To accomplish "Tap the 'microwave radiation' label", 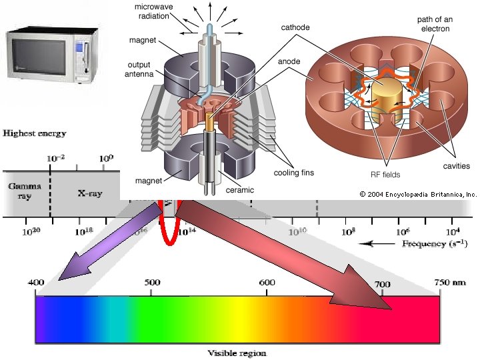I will pos(158,11).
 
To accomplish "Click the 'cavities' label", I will pos(456,165).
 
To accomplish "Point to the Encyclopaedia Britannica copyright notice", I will pos(418,195).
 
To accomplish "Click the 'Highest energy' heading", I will pos(35,133).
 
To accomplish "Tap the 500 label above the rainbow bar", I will pos(151,283).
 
